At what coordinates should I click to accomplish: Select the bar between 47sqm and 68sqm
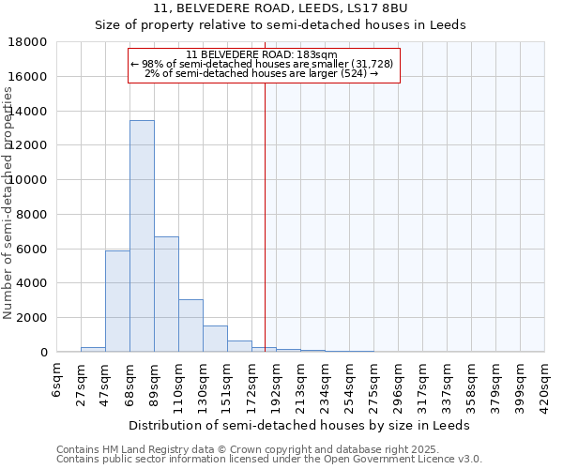coord(117,301)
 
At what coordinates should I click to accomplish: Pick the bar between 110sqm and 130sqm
coord(190,325)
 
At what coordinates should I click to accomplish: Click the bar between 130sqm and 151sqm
coord(215,339)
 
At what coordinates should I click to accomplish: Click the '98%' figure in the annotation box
coord(152,64)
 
